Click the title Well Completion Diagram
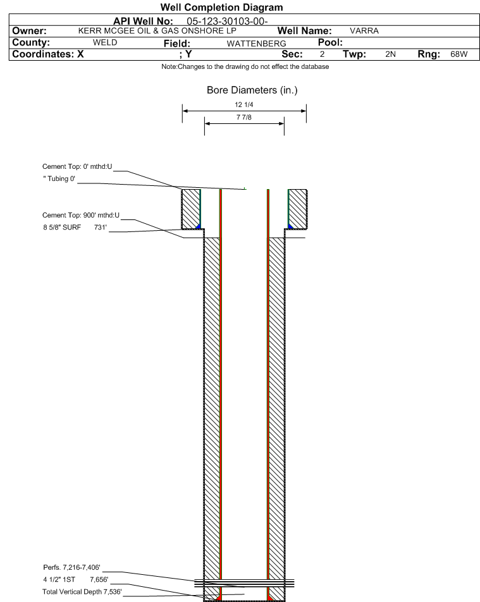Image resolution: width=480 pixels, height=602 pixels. (221, 8)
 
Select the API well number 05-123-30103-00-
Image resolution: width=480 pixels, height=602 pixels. (227, 21)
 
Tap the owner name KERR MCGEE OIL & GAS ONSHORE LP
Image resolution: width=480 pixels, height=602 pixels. (157, 31)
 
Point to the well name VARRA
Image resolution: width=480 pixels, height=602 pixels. (364, 31)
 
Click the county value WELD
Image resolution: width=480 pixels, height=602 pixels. (105, 42)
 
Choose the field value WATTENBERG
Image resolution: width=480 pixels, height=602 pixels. (256, 44)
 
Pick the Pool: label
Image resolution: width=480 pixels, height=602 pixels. (330, 42)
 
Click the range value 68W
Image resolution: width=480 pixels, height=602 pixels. (459, 54)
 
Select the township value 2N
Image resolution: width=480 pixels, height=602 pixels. (391, 54)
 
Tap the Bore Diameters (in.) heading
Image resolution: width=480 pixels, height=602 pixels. (252, 90)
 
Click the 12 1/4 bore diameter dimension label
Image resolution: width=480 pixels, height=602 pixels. (244, 104)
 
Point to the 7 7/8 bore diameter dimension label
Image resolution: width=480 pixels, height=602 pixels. (244, 117)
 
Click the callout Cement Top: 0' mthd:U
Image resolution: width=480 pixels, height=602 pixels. (77, 166)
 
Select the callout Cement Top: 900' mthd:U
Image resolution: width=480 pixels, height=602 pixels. (81, 215)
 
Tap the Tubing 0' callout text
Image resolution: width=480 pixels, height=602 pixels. (59, 178)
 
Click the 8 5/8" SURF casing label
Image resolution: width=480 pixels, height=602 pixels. (62, 227)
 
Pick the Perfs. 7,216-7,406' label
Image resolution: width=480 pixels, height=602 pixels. (72, 567)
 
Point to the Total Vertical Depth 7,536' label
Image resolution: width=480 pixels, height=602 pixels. (82, 592)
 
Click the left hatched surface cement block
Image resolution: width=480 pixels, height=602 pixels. (191, 209)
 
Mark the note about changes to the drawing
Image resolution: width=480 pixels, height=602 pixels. (245, 66)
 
